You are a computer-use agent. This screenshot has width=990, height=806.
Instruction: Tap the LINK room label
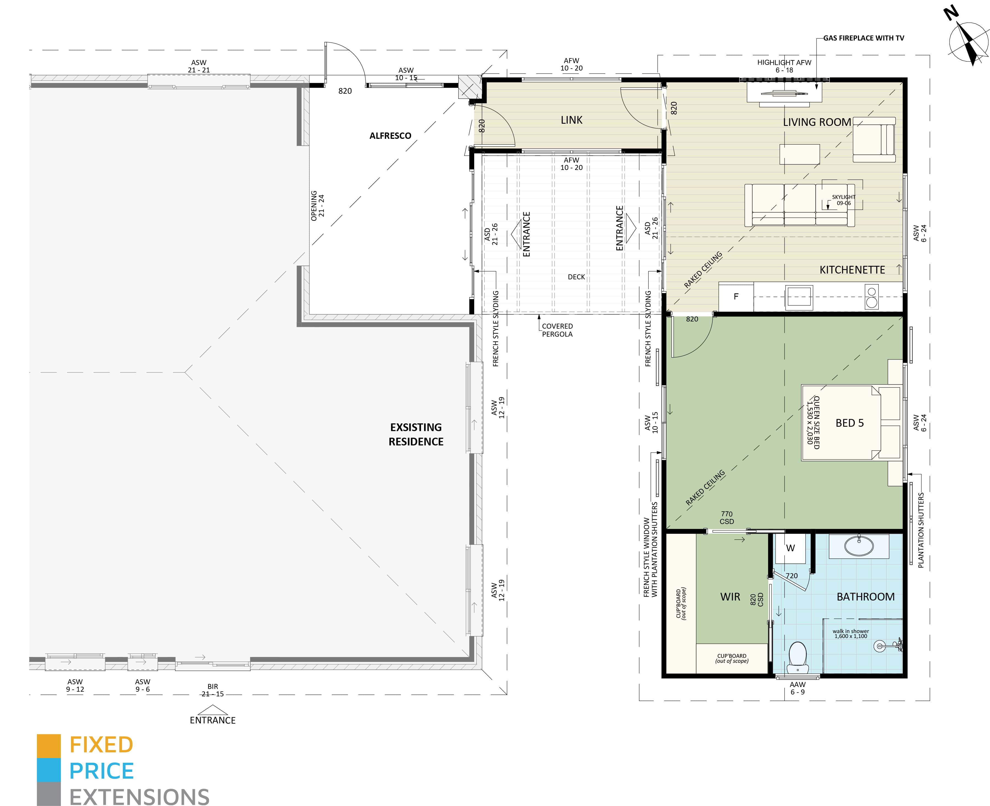[571, 120]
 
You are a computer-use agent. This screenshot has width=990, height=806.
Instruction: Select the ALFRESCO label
[390, 136]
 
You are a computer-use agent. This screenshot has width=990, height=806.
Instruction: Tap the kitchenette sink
[799, 297]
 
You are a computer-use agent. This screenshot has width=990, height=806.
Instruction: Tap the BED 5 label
[849, 423]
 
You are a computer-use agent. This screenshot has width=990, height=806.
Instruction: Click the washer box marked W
[790, 548]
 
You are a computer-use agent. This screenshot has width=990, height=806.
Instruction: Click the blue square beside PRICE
[49, 770]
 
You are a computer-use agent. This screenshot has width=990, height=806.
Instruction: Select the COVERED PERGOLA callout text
[557, 330]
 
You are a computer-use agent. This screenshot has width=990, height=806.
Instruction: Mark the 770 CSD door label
[727, 518]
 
